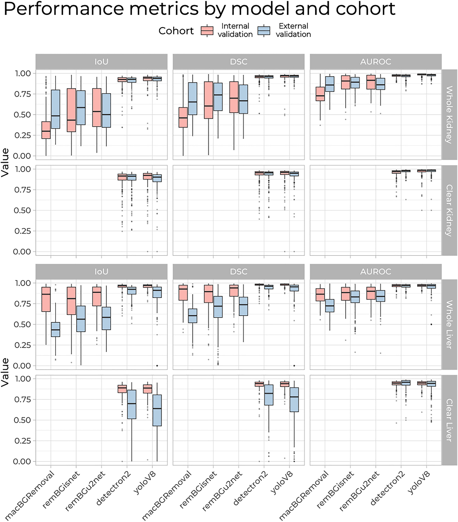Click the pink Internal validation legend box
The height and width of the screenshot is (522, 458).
click(x=207, y=31)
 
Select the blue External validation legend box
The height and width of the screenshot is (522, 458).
click(x=264, y=31)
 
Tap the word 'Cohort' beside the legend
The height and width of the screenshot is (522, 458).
click(x=176, y=31)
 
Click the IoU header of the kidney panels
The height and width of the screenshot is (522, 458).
click(x=101, y=62)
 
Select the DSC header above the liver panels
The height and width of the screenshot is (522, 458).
click(x=239, y=271)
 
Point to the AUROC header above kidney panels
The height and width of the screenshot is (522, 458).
click(x=376, y=62)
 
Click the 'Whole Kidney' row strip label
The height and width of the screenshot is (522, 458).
click(x=449, y=114)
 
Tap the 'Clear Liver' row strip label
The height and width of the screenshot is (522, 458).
click(x=449, y=420)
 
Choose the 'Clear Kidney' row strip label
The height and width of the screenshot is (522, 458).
click(x=449, y=210)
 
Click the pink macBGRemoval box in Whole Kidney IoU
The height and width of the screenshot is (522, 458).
click(x=46, y=130)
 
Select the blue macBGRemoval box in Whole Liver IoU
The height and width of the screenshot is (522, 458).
click(x=55, y=330)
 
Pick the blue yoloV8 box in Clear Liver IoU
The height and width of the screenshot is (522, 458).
click(x=157, y=410)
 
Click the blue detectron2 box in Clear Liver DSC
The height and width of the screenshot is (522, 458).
click(x=269, y=395)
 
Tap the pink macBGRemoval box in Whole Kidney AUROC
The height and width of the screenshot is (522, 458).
click(x=320, y=94)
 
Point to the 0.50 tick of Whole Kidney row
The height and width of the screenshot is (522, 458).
click(x=22, y=115)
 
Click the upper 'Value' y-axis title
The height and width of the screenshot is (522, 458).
click(x=5, y=162)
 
